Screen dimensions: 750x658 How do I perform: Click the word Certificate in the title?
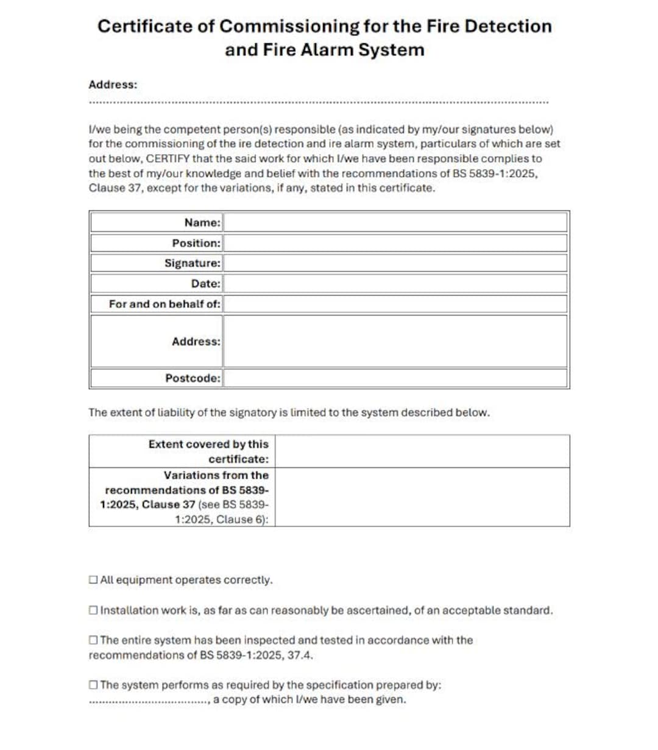[137, 26]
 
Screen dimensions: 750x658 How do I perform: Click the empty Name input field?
[395, 223]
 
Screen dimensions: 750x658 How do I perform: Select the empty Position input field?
[395, 243]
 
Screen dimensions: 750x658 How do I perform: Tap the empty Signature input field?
[395, 263]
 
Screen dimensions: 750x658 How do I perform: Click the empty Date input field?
[395, 284]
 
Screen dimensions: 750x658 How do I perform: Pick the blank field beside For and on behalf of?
[395, 304]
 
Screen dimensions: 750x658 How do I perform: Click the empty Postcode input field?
[395, 378]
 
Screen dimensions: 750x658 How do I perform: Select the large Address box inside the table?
[395, 341]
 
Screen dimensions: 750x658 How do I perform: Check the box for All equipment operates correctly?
[93, 580]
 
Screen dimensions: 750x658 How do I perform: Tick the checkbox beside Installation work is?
[93, 610]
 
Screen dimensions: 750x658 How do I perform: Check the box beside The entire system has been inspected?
[93, 640]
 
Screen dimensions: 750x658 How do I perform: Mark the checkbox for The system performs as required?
[93, 685]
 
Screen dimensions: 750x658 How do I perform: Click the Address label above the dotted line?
[113, 85]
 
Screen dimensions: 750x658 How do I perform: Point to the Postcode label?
[193, 378]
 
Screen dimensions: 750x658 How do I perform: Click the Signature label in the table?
[192, 263]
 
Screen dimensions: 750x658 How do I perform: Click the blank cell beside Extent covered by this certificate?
[422, 451]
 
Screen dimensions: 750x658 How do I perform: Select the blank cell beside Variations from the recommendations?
[422, 497]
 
